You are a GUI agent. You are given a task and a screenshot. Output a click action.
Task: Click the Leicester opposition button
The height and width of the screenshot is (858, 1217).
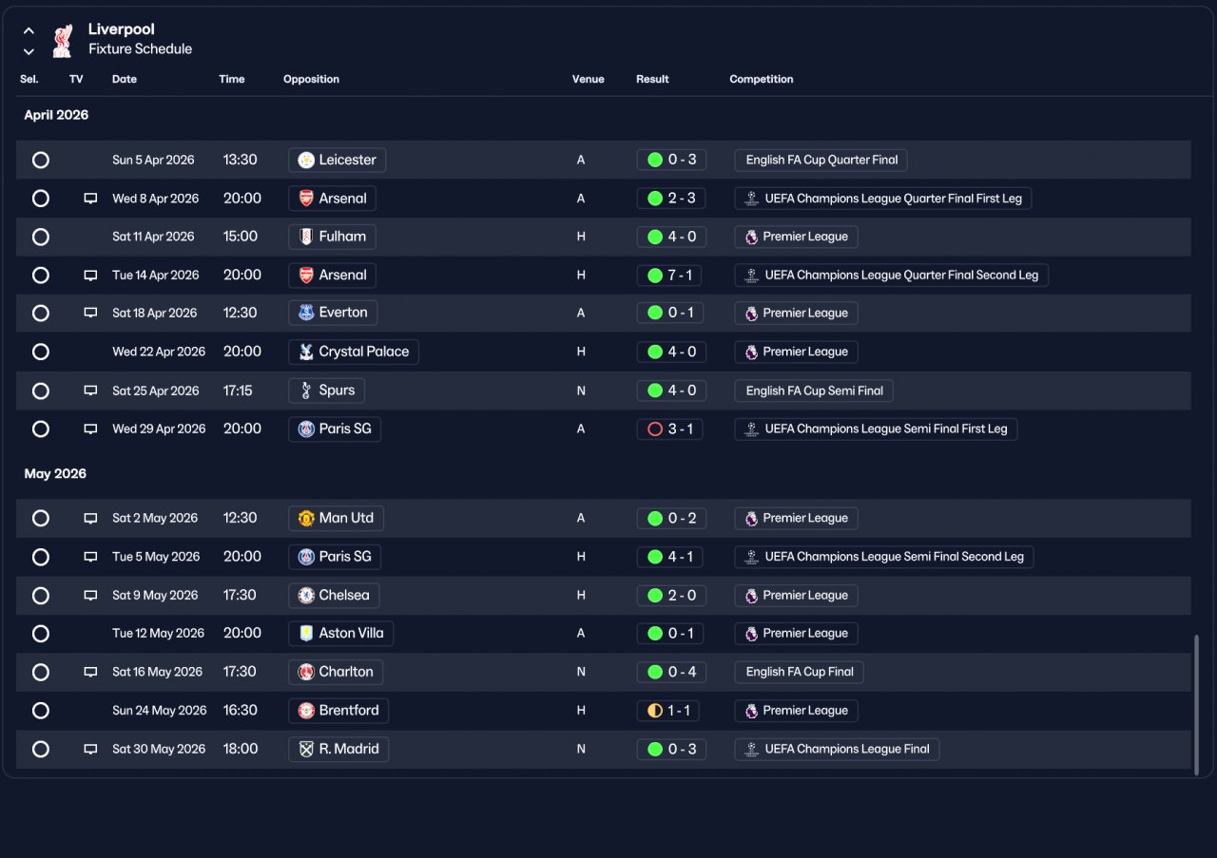[337, 160]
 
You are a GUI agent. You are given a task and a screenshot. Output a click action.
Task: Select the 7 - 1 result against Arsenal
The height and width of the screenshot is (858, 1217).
[668, 275]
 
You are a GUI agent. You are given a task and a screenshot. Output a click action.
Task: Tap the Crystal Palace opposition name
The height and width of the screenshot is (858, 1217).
[363, 352]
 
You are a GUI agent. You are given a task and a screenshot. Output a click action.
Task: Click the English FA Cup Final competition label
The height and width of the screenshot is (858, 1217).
[800, 672]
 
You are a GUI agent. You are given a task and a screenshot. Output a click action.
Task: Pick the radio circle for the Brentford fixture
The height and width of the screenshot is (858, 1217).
[41, 711]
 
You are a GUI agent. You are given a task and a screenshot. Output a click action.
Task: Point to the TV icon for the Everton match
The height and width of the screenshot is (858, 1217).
[90, 313]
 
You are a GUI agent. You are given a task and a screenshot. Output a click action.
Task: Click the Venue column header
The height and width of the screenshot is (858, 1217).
[588, 79]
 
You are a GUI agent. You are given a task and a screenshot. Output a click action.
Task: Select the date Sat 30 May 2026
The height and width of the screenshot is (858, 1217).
[159, 749]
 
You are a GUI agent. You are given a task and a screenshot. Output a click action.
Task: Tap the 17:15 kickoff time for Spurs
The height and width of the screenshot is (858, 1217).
[238, 391]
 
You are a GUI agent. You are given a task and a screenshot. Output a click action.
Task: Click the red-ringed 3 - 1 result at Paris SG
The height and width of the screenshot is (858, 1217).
[669, 429]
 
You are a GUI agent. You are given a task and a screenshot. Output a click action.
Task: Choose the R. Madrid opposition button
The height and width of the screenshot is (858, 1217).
[338, 749]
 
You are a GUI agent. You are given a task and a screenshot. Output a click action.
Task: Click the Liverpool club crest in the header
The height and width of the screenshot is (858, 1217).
[63, 41]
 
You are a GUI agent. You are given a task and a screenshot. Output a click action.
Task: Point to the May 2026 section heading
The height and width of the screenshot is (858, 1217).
[55, 473]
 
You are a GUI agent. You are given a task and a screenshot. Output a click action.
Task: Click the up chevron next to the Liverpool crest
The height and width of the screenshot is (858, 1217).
[29, 31]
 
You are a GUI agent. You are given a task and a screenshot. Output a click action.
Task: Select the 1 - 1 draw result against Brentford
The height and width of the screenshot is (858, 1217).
[667, 711]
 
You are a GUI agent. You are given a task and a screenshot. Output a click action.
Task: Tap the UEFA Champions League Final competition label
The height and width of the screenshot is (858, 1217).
[837, 749]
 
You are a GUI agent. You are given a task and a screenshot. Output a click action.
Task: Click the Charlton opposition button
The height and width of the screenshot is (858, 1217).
[336, 672]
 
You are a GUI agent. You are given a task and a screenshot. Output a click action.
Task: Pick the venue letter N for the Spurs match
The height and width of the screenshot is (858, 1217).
[581, 391]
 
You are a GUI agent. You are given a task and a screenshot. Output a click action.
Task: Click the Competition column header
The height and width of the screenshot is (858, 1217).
[762, 79]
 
